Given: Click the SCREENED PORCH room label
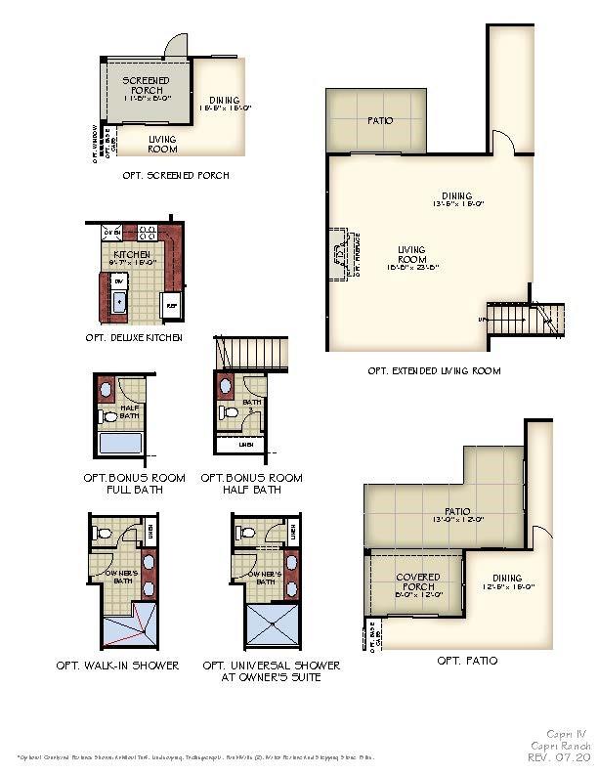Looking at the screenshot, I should pos(146,85).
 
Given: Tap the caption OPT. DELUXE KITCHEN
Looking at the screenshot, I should pos(133,338).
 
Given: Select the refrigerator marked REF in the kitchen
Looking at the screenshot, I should pos(171,304).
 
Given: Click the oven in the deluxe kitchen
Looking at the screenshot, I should pos(112,233).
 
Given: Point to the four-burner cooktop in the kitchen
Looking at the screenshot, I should pos(148,233).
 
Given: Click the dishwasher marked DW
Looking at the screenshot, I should pos(119,280).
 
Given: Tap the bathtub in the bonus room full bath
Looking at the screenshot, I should pos(121,446).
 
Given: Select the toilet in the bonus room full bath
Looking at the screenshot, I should pos(109,416).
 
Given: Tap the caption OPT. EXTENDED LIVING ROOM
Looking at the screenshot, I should pos(434,371).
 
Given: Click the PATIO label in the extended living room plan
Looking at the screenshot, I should pos(380,121).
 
